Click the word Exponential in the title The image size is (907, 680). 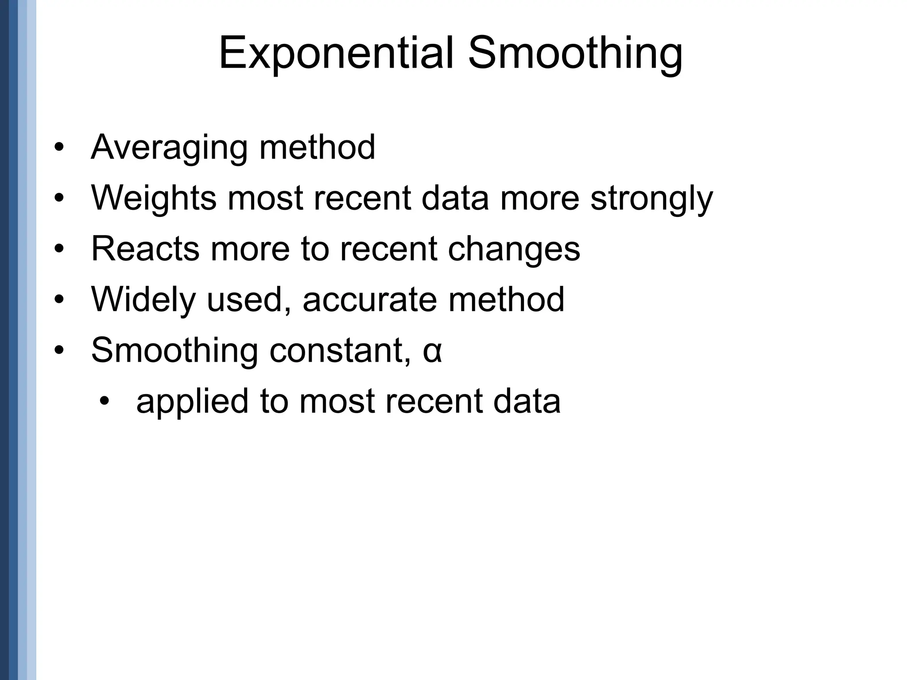tap(337, 54)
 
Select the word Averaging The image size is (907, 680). tap(169, 148)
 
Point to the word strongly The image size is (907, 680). tap(651, 198)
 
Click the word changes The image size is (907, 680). tap(514, 249)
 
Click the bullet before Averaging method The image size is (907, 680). tap(59, 148)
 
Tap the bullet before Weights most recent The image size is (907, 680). tap(59, 198)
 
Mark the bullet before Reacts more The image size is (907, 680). tap(59, 249)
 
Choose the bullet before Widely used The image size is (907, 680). tap(59, 300)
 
